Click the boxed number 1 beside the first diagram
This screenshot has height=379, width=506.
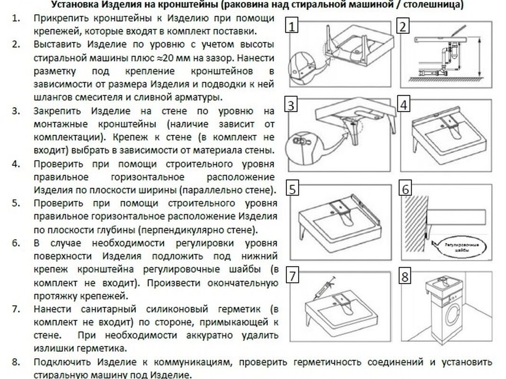pyautogui.click(x=293, y=26)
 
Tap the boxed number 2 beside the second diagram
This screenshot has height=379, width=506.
pyautogui.click(x=403, y=26)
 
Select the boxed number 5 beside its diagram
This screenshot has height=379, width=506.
pyautogui.click(x=293, y=189)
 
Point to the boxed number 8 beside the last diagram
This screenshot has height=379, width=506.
pyautogui.click(x=404, y=277)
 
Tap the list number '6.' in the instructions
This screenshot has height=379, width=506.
pyautogui.click(x=16, y=243)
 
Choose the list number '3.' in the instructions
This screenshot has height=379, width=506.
pyautogui.click(x=16, y=111)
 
